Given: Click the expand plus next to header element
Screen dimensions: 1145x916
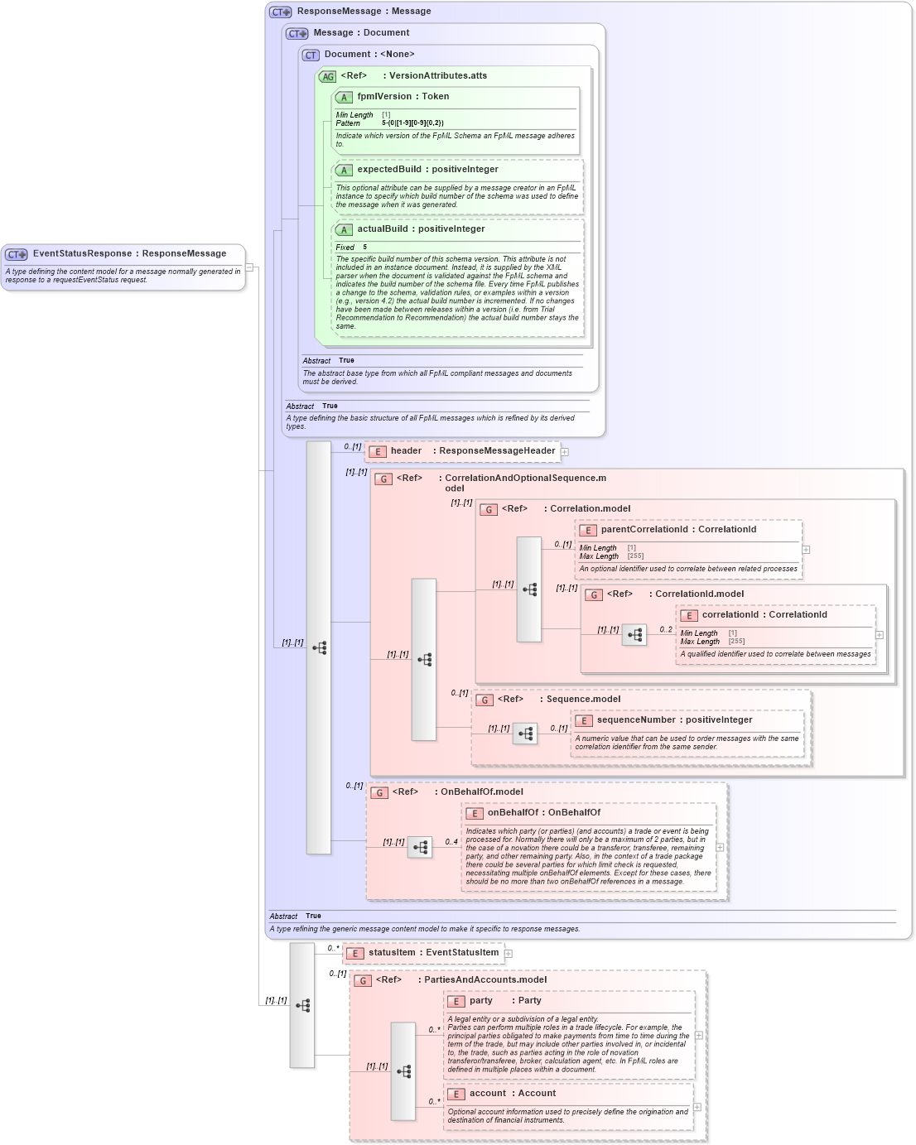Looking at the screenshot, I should point(565,452).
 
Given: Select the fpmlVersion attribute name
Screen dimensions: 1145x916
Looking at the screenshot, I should point(384,97).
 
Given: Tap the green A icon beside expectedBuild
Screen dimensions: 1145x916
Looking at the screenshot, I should point(344,171).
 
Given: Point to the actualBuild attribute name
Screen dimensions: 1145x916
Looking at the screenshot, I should point(382,229).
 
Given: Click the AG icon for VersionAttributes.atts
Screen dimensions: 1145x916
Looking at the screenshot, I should point(328,77).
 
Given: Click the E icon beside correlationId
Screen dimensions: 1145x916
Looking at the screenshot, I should point(688,616).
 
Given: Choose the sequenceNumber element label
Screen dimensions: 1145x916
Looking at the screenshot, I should point(633,720).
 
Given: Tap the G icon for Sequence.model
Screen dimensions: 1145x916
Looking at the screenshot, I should point(485,700).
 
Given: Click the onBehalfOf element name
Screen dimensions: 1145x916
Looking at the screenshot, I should point(513,813).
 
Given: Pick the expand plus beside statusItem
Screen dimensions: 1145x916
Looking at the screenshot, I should point(509,954).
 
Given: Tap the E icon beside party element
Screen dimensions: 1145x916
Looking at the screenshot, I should point(456,1002).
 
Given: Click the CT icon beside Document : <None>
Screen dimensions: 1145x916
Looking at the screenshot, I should point(311,55).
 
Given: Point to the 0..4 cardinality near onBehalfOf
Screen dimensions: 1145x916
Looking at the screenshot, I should point(451,842).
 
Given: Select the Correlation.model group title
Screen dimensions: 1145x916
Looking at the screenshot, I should point(590,509).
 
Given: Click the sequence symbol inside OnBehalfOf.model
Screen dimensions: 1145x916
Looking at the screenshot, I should point(420,848).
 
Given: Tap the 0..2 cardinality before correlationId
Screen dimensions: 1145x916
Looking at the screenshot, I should point(666,630).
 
